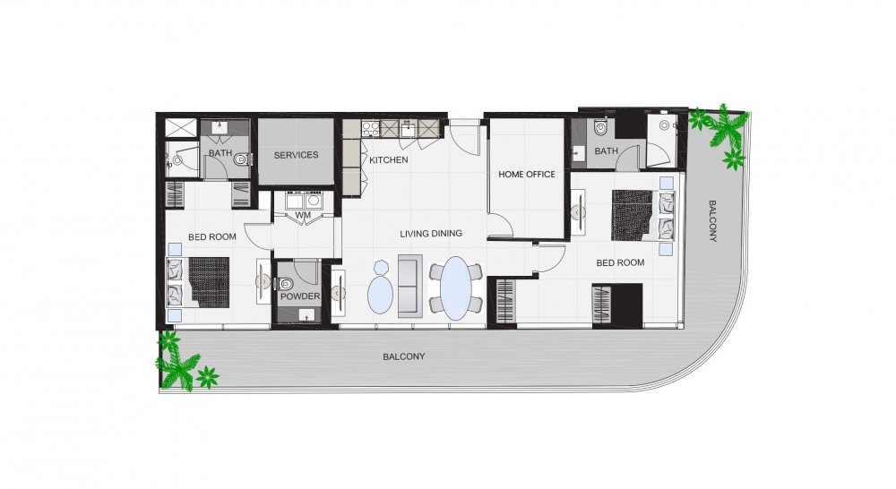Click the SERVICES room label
[x=296, y=155]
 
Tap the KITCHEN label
[x=389, y=160]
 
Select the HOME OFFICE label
[x=527, y=175]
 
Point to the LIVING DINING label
[x=431, y=234]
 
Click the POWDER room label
[x=300, y=296]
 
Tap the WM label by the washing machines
[x=303, y=215]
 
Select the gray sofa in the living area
[x=409, y=287]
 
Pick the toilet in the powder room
[x=284, y=283]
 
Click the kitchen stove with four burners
[x=371, y=129]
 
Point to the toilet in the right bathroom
[x=600, y=127]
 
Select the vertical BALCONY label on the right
[x=712, y=221]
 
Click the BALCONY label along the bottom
[x=404, y=356]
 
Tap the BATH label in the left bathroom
[x=220, y=153]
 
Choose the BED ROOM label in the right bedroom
[x=620, y=262]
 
